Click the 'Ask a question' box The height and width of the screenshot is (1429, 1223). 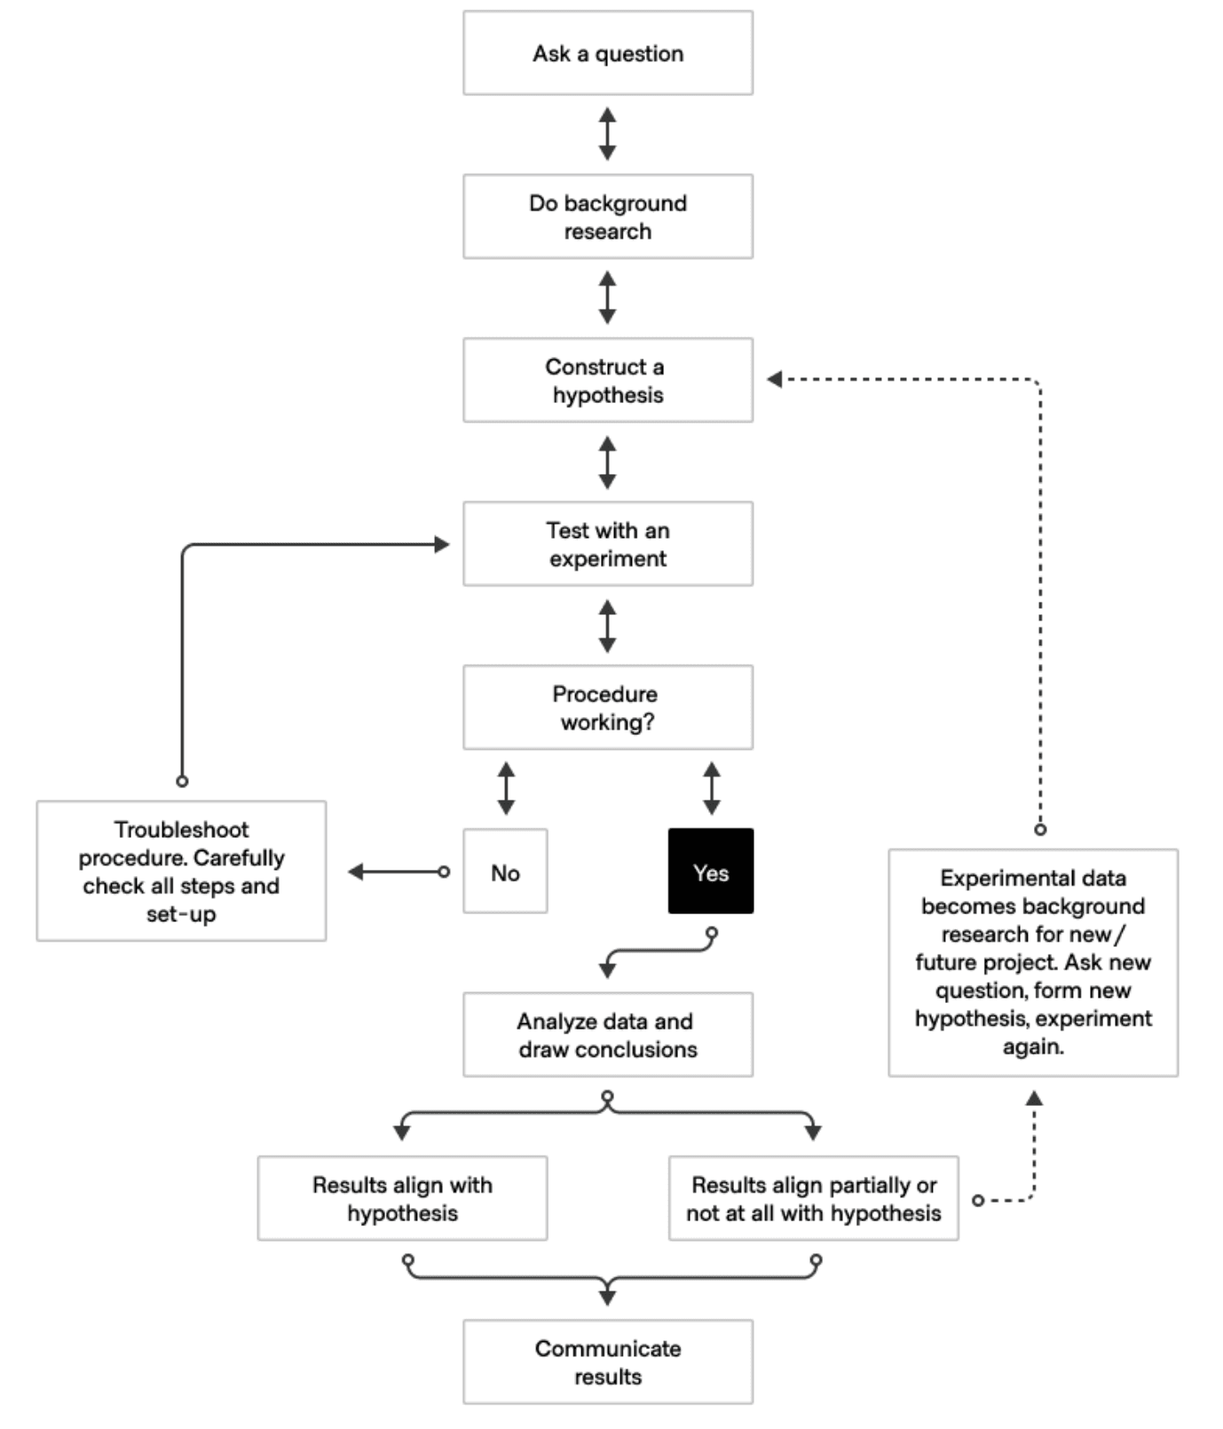(x=608, y=53)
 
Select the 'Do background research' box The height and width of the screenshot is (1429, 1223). (x=608, y=217)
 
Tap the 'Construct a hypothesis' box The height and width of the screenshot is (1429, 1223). (x=608, y=380)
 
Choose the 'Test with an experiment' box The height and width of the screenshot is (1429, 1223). (x=608, y=544)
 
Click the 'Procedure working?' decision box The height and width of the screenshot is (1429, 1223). (x=608, y=707)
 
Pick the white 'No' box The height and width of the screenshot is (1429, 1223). (x=506, y=872)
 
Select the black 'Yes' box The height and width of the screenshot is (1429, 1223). (x=711, y=872)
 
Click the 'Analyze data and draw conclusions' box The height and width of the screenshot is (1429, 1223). (x=608, y=1035)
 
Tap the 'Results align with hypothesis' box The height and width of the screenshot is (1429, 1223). (x=403, y=1198)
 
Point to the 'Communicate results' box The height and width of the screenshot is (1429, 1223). (x=608, y=1362)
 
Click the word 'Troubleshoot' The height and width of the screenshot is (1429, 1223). (x=181, y=830)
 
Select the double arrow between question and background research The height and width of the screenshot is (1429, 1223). (x=608, y=134)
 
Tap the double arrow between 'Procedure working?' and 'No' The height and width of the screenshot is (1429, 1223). (x=506, y=788)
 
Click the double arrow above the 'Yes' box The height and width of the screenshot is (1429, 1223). (x=712, y=788)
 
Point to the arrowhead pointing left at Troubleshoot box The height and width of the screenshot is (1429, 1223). (x=355, y=872)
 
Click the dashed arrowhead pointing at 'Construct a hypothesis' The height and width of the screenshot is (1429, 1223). (x=774, y=380)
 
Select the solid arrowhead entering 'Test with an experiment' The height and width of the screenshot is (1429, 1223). (x=442, y=544)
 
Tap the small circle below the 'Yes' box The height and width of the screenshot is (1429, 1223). (x=712, y=934)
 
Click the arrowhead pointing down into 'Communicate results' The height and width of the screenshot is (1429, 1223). (x=608, y=1299)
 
